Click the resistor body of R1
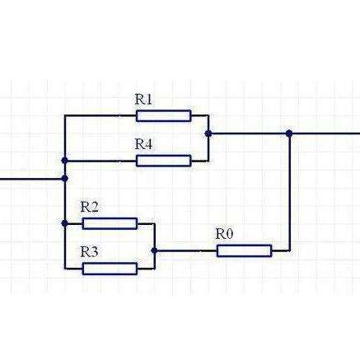click(164, 116)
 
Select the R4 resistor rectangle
click(164, 161)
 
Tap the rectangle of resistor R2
click(110, 223)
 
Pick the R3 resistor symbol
click(110, 269)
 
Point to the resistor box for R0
click(245, 250)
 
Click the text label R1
click(143, 100)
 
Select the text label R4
click(143, 144)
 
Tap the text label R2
click(90, 207)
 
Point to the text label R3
click(90, 252)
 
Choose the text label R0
click(224, 234)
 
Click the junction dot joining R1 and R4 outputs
click(208, 133)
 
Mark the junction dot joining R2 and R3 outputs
click(155, 250)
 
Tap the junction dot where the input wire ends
click(65, 179)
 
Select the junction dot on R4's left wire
click(65, 161)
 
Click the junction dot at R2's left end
click(65, 223)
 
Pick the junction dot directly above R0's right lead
click(289, 133)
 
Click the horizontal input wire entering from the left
click(31, 179)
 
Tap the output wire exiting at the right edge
click(325, 133)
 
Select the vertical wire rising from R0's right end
click(289, 192)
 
